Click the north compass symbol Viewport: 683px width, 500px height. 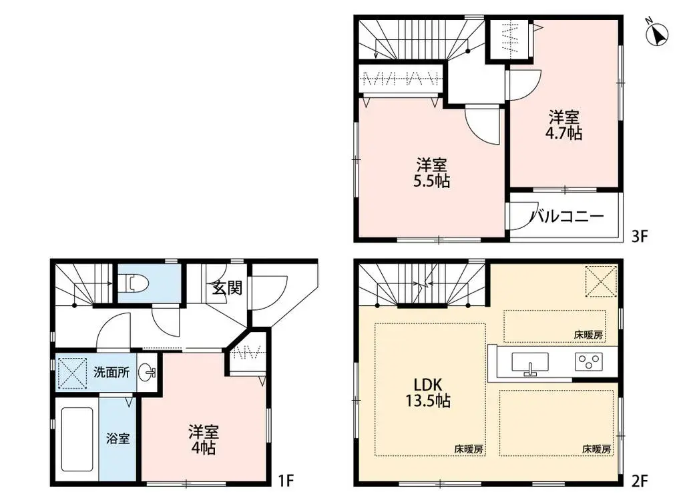click(659, 33)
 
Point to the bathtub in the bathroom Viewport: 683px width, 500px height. click(77, 439)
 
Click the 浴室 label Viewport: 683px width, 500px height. click(119, 439)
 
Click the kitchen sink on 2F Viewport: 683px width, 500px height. click(530, 364)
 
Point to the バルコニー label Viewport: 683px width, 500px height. click(567, 217)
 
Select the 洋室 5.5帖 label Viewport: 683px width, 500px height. click(433, 172)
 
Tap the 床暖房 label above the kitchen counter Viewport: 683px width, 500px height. click(588, 335)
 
